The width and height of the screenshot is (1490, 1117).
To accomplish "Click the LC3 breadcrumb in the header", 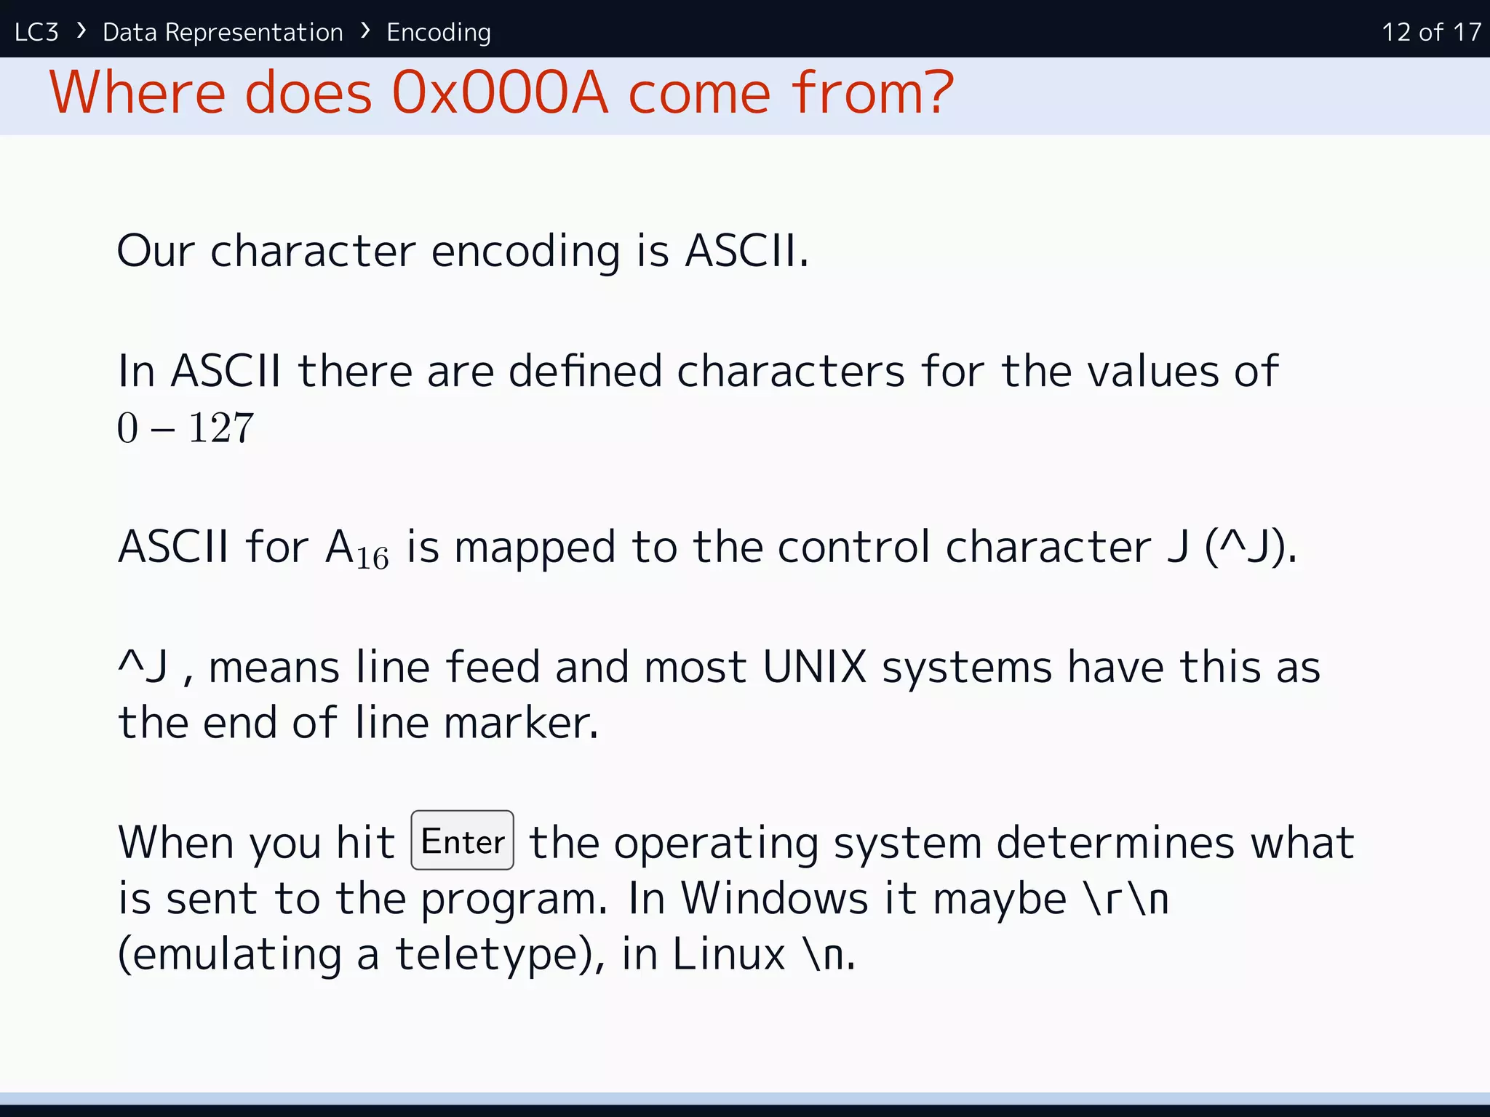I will click(x=36, y=32).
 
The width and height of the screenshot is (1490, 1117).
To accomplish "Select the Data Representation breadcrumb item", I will click(x=223, y=32).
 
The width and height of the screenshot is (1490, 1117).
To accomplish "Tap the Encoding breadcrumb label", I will click(x=438, y=32).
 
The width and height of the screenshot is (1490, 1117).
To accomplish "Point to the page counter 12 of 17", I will click(x=1430, y=32).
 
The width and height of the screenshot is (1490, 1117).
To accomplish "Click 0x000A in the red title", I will click(x=499, y=93).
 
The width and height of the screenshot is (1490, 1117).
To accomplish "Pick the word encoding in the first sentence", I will click(x=525, y=251).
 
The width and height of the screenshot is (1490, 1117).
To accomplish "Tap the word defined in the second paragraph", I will click(x=584, y=371).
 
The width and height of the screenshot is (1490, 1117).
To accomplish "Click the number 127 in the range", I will click(x=221, y=428).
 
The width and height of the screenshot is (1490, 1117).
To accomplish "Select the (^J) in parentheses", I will click(x=1249, y=547).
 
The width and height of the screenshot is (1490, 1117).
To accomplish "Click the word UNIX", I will click(x=814, y=667).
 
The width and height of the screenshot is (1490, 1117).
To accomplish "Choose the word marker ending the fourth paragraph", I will click(x=521, y=723).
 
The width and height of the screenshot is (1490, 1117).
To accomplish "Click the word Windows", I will click(x=774, y=898).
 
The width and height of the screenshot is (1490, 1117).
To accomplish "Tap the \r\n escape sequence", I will click(x=1127, y=898).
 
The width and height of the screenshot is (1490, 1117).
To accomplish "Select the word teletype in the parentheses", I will click(x=486, y=954).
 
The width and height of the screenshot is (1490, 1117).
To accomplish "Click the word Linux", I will click(x=728, y=954).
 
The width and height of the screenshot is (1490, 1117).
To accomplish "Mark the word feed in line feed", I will click(x=492, y=667).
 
